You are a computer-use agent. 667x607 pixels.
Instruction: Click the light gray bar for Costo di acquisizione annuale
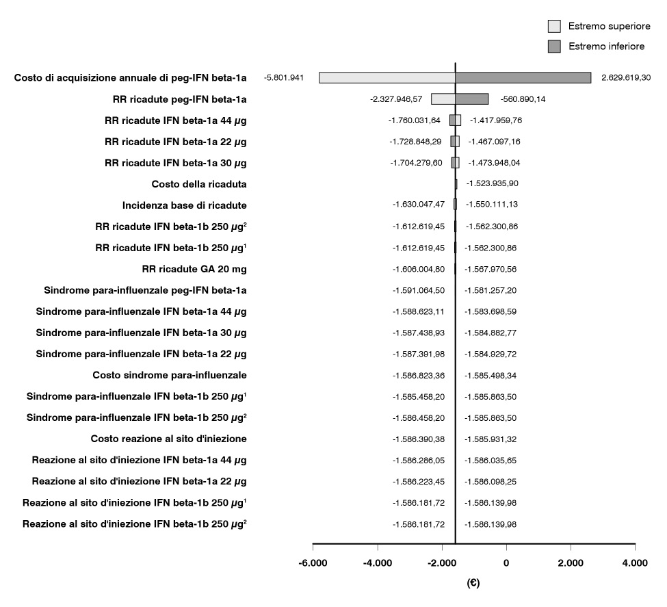[x=387, y=78]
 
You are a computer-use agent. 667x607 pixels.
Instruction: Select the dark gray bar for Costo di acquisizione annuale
[x=523, y=78]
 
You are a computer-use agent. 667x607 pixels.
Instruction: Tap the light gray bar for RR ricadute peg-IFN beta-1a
[x=443, y=99]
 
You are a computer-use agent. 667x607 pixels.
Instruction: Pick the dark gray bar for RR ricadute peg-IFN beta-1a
[x=472, y=99]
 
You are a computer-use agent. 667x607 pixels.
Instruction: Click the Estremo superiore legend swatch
[x=554, y=26]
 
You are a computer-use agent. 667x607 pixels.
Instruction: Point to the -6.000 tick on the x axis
[x=313, y=563]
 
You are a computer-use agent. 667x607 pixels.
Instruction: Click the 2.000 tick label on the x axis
[x=571, y=563]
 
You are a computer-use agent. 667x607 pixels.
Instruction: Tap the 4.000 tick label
[x=635, y=563]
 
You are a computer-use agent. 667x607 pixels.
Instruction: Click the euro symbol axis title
[x=473, y=584]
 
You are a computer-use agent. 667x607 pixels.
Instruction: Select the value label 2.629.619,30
[x=626, y=78]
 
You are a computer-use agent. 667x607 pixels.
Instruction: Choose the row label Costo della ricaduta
[x=198, y=184]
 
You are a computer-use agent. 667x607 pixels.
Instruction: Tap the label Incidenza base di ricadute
[x=184, y=205]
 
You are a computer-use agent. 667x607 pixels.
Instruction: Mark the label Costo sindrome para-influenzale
[x=169, y=375]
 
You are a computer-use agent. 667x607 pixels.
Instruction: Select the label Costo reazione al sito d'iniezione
[x=168, y=439]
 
